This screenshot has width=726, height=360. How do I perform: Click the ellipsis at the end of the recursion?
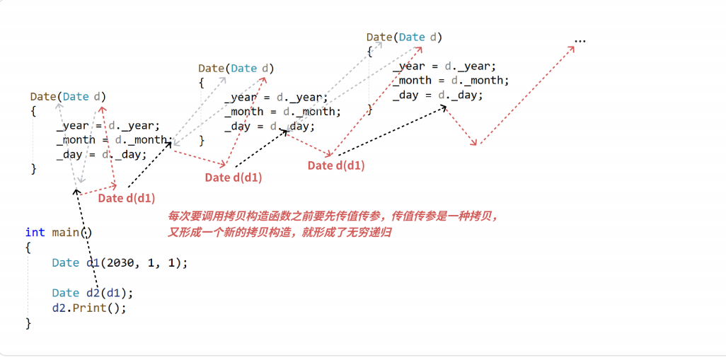[580, 41]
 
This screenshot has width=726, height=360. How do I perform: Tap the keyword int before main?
[35, 233]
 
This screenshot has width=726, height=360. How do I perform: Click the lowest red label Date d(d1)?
[127, 198]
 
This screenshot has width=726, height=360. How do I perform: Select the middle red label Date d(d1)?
[234, 178]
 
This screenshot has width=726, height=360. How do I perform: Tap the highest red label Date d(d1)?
[336, 166]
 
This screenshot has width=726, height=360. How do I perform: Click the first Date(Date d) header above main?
[69, 96]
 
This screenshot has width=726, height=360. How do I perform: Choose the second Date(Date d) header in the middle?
[236, 69]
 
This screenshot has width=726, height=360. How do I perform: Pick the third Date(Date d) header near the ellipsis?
[405, 37]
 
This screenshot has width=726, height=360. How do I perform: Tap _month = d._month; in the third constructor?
[451, 81]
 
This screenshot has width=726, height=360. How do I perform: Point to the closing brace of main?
[28, 323]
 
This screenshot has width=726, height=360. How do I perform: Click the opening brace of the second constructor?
[201, 83]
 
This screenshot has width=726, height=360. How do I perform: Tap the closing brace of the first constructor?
[33, 168]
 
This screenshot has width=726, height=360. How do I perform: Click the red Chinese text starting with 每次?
[333, 216]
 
